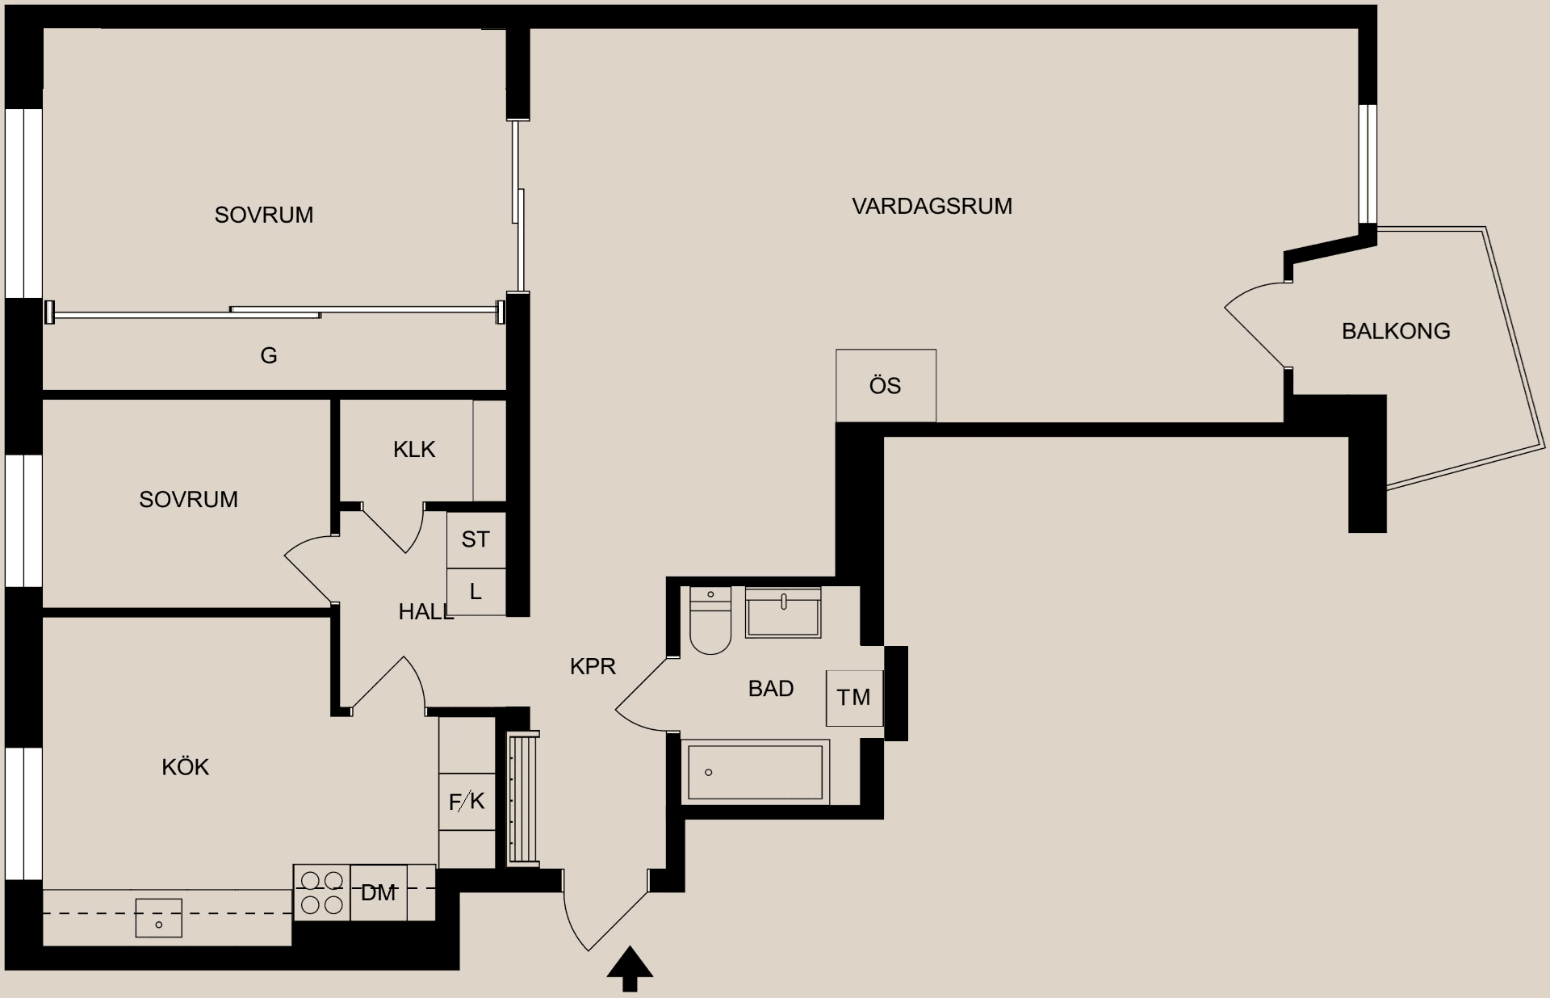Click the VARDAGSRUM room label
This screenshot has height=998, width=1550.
point(932,206)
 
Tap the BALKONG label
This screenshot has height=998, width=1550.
point(1396,331)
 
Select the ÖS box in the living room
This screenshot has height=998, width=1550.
point(886,386)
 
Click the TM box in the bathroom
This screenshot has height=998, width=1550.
point(853,698)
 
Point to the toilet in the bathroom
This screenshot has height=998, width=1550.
point(710,623)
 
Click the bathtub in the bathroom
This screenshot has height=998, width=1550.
point(755,773)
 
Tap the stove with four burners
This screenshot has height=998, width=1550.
point(322,892)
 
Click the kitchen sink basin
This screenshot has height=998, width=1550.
point(158,919)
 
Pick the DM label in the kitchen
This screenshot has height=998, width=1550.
point(379,893)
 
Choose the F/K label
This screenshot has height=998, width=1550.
point(467,801)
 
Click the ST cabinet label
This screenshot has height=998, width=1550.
point(475,539)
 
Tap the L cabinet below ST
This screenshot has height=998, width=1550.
point(475,592)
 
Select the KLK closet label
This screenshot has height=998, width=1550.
point(414,450)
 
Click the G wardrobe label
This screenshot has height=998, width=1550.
point(269,355)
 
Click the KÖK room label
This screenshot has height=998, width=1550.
point(186,767)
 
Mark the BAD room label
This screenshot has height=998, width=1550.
point(771,689)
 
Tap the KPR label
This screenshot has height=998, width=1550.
point(593,666)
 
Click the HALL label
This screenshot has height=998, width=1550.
point(425,612)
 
